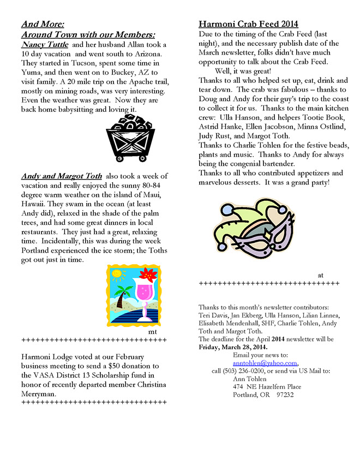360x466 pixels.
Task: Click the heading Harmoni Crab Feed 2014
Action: point(248,24)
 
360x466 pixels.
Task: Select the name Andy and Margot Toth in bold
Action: point(61,176)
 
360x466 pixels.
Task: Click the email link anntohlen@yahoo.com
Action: point(265,362)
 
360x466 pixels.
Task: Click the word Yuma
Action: point(32,72)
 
